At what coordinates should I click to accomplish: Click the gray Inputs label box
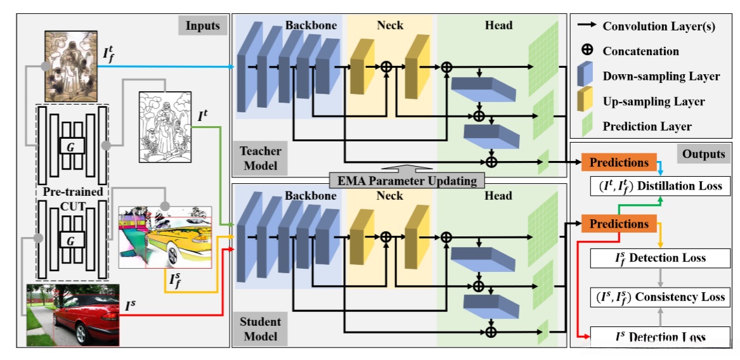tap(202, 26)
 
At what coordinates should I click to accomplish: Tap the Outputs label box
tap(704, 154)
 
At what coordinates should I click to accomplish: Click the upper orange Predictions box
tap(619, 163)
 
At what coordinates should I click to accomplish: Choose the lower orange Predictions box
tap(619, 224)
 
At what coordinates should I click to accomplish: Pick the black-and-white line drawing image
tap(164, 128)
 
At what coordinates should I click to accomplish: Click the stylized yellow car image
tap(165, 236)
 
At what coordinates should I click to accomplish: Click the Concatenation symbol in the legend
tap(587, 51)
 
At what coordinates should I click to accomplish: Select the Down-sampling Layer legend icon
tap(587, 76)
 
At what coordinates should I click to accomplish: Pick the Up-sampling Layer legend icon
tap(587, 101)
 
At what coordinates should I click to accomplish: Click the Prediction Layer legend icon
tap(587, 126)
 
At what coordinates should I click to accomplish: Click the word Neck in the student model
tap(389, 196)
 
